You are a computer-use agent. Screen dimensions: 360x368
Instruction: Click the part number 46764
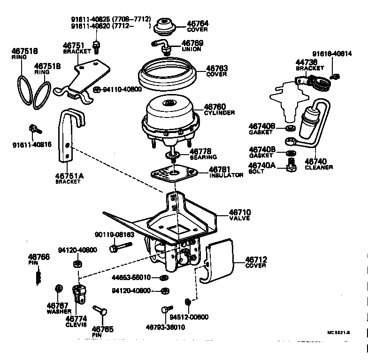click(198, 23)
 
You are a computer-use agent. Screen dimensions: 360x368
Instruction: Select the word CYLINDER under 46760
click(219, 113)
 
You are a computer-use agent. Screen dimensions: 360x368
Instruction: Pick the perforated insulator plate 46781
click(175, 173)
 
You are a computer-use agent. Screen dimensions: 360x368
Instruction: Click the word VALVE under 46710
click(239, 219)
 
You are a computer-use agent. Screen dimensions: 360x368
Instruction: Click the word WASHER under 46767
click(59, 312)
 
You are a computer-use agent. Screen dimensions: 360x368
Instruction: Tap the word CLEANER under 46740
click(319, 167)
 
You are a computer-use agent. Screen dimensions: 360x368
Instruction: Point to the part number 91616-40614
click(331, 54)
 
